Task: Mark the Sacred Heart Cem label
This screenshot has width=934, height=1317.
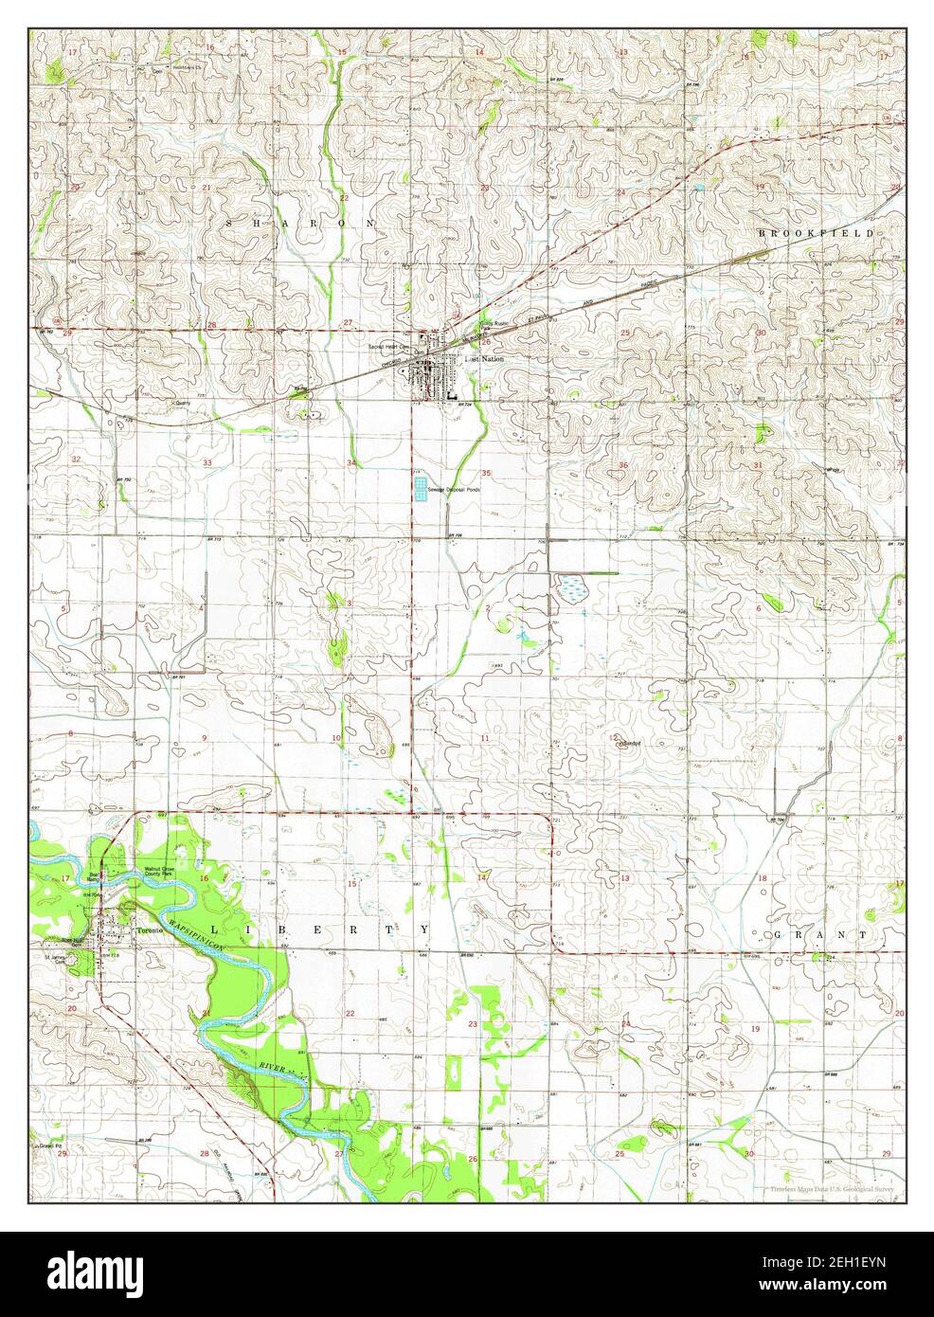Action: coord(390,347)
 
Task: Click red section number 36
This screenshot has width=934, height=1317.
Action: coord(623,465)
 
